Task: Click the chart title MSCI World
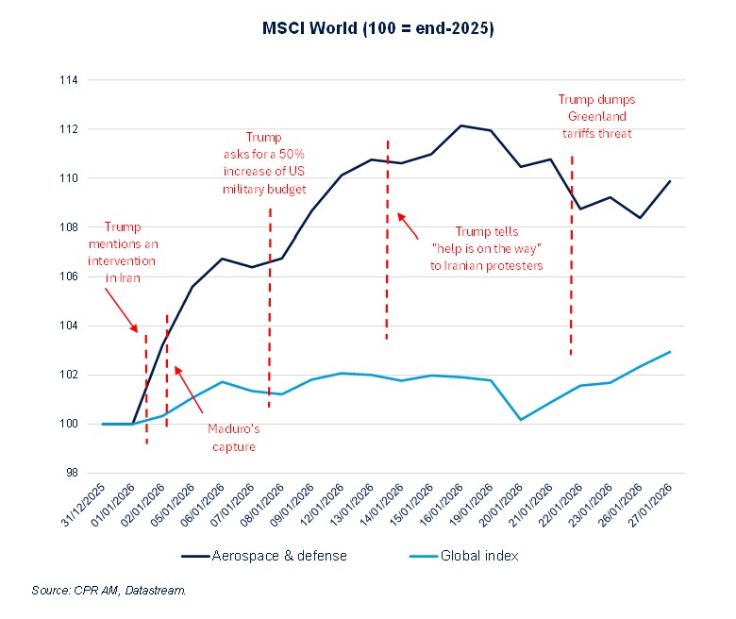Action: pos(377,29)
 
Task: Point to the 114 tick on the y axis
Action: pos(67,80)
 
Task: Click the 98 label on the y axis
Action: pos(70,474)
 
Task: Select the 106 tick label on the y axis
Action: pos(67,276)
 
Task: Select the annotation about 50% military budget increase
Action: pos(263,163)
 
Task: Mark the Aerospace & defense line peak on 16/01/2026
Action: pos(460,125)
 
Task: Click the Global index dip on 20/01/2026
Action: pos(521,420)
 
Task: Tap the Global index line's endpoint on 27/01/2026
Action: pos(669,352)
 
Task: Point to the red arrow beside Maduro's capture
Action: pos(192,386)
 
